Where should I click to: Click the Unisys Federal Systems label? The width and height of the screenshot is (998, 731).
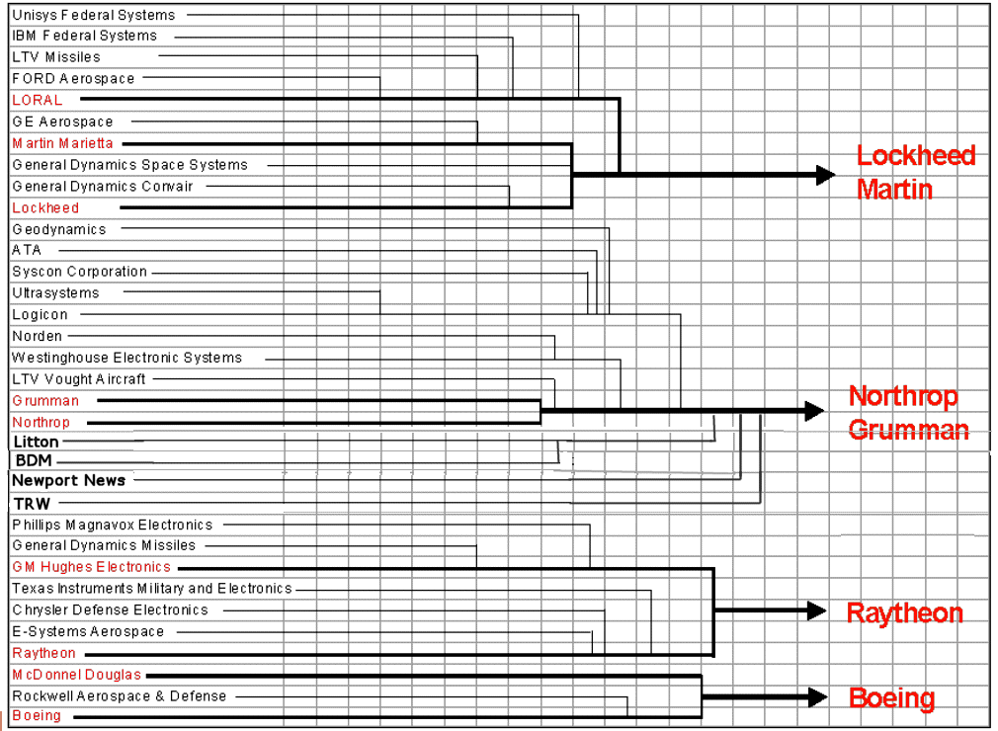tap(93, 15)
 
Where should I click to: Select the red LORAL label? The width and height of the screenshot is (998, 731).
tap(38, 100)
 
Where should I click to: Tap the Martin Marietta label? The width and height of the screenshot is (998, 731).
tap(62, 143)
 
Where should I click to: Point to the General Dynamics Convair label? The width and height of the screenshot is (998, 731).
tap(103, 186)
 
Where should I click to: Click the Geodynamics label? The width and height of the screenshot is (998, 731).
tap(59, 229)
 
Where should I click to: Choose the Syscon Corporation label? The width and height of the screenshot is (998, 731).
tap(80, 272)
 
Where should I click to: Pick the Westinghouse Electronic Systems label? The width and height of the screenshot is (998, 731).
tap(126, 358)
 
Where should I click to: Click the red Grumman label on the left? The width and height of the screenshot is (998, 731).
tap(45, 400)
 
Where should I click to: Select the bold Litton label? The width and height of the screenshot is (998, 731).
tap(36, 442)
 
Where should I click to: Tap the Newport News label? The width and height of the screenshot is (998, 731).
tap(68, 480)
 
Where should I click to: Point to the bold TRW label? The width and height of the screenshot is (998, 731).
tap(32, 504)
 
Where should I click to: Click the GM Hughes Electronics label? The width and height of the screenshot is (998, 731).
tap(92, 567)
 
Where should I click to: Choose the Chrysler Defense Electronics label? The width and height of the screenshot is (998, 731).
tap(111, 609)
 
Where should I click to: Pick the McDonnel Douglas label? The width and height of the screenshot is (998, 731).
tap(77, 675)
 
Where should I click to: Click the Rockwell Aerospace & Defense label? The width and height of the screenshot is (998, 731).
tap(120, 696)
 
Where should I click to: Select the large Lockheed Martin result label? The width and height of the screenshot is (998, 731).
tap(915, 172)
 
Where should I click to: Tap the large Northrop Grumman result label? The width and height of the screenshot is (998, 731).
tap(908, 413)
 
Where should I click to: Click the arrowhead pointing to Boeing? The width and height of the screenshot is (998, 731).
tap(817, 697)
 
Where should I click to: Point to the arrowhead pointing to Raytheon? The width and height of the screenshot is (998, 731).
tap(817, 610)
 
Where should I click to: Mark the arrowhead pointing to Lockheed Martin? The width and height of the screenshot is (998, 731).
tap(826, 175)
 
